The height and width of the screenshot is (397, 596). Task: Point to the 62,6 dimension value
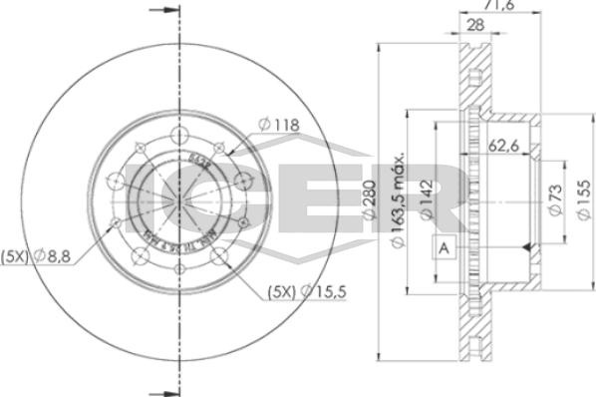point(507,146)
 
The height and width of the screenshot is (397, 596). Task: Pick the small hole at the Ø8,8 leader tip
point(117,221)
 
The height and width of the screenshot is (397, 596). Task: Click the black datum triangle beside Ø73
point(535,245)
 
